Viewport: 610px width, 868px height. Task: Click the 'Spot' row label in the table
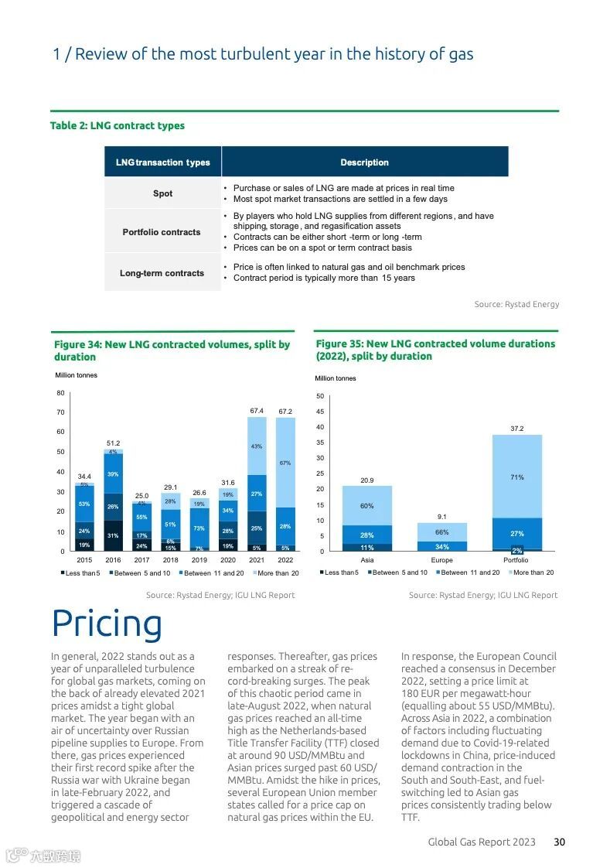click(x=162, y=193)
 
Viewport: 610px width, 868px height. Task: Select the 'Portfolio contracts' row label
click(x=162, y=232)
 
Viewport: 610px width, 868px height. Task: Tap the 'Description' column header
click(x=364, y=162)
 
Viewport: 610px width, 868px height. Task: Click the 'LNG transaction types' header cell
click(x=163, y=162)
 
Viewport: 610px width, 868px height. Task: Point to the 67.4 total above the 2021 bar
click(x=257, y=411)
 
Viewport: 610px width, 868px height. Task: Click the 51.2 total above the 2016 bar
click(x=113, y=443)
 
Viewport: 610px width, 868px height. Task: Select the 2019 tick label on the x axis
click(x=199, y=559)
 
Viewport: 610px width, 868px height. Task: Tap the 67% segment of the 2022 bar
click(x=285, y=463)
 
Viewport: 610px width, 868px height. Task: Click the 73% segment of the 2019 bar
click(x=199, y=528)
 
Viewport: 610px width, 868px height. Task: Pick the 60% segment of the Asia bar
click(x=367, y=506)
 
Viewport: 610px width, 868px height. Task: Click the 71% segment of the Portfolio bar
click(x=517, y=477)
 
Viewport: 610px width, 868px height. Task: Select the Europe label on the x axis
click(x=442, y=560)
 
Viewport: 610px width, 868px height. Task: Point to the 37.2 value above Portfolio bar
click(x=517, y=428)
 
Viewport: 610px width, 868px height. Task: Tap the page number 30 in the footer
click(x=559, y=842)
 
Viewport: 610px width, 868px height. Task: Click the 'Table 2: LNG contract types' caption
click(x=118, y=125)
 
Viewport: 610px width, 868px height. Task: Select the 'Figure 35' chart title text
click(x=435, y=350)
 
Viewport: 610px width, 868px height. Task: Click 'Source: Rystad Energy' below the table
click(x=516, y=304)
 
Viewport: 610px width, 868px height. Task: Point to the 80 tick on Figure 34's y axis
click(x=60, y=393)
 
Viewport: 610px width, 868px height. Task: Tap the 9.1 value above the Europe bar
click(x=441, y=517)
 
